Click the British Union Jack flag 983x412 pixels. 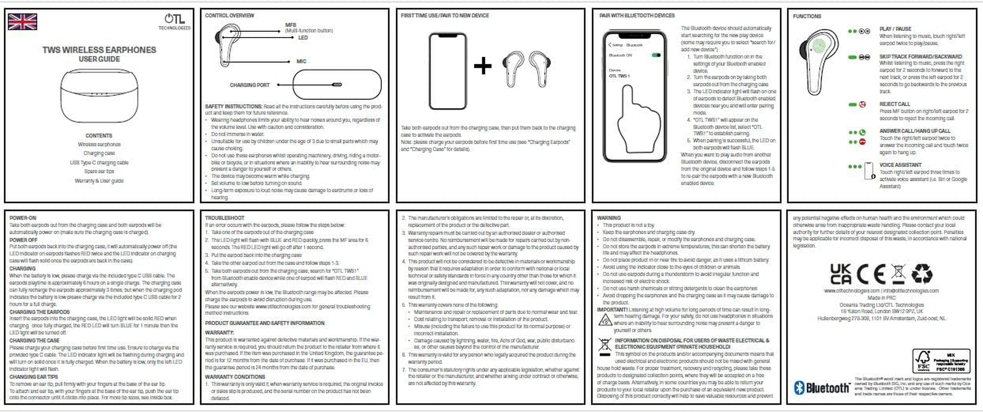pyautogui.click(x=23, y=22)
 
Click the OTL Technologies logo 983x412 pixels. pyautogui.click(x=174, y=21)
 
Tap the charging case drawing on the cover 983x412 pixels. pyautogui.click(x=99, y=96)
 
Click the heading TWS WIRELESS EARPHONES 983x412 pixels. pyautogui.click(x=99, y=50)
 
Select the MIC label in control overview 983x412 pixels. pyautogui.click(x=301, y=61)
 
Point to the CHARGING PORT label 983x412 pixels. pyautogui.click(x=250, y=85)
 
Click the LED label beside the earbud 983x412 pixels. pyautogui.click(x=303, y=38)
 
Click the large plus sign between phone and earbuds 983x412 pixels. pyautogui.click(x=482, y=66)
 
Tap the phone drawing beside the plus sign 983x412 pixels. pyautogui.click(x=447, y=71)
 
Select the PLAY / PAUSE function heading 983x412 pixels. pyautogui.click(x=895, y=29)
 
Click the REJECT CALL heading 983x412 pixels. pyautogui.click(x=894, y=104)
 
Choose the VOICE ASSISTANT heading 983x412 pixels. pyautogui.click(x=900, y=165)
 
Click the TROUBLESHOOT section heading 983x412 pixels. pyautogui.click(x=224, y=218)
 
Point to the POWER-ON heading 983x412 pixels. pyautogui.click(x=23, y=218)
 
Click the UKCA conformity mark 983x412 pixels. pyautogui.click(x=840, y=274)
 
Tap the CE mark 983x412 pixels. pyautogui.click(x=871, y=274)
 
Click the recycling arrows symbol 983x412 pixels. pyautogui.click(x=922, y=274)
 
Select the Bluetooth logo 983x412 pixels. pyautogui.click(x=821, y=388)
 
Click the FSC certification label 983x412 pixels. pyautogui.click(x=941, y=361)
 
